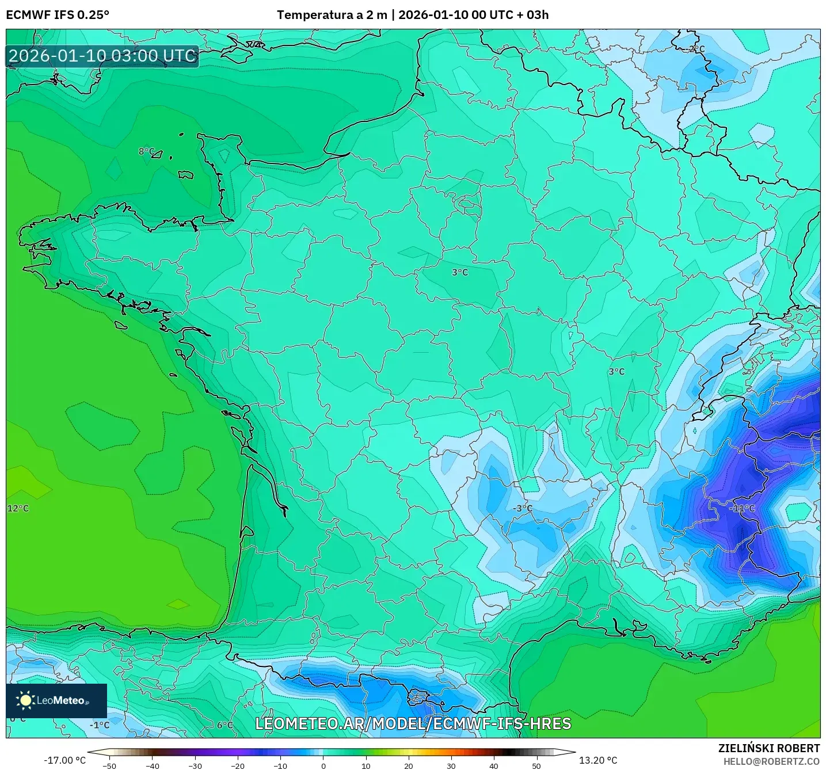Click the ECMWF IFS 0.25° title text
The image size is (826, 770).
58,15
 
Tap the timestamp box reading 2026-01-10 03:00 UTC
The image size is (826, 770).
102,56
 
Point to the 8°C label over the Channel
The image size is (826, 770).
147,151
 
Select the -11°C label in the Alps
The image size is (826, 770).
741,508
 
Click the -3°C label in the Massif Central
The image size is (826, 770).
523,508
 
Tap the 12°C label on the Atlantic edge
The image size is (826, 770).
18,508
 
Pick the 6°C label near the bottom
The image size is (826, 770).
225,725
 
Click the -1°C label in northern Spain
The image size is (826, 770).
99,725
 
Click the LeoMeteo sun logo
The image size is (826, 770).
25,700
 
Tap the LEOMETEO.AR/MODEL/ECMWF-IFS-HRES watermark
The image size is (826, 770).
413,723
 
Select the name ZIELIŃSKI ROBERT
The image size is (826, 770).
768,748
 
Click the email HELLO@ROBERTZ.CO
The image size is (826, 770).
771,761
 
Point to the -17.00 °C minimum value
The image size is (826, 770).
64,760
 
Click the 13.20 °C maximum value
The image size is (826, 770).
598,760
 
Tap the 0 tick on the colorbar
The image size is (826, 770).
323,766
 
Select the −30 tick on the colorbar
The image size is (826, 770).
195,766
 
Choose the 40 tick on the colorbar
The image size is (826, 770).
494,766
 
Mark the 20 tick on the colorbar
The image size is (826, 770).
409,766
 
